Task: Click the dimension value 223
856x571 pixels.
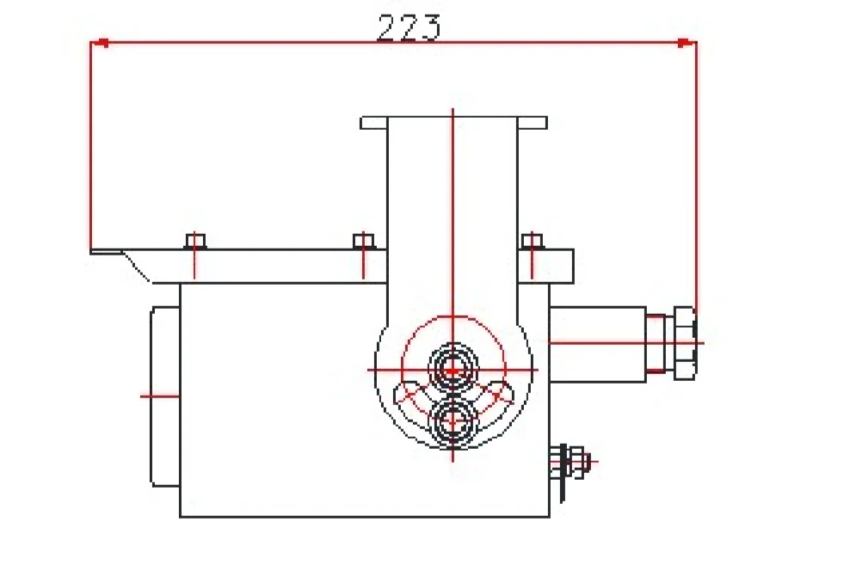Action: tap(409, 28)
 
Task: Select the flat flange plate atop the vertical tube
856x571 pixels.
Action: tap(453, 122)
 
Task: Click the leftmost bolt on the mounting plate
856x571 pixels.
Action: tap(196, 241)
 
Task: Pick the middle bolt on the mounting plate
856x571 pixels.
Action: tap(364, 241)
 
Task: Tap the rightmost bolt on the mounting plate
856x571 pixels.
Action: tap(533, 241)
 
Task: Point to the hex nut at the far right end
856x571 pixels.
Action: tap(685, 342)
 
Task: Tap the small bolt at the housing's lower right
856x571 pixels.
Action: tap(577, 463)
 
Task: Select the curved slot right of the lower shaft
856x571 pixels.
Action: tap(498, 396)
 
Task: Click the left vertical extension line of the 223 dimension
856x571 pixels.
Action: tap(91, 146)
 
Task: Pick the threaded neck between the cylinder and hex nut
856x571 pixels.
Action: tap(656, 344)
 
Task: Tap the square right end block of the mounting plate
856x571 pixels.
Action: tap(557, 266)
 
